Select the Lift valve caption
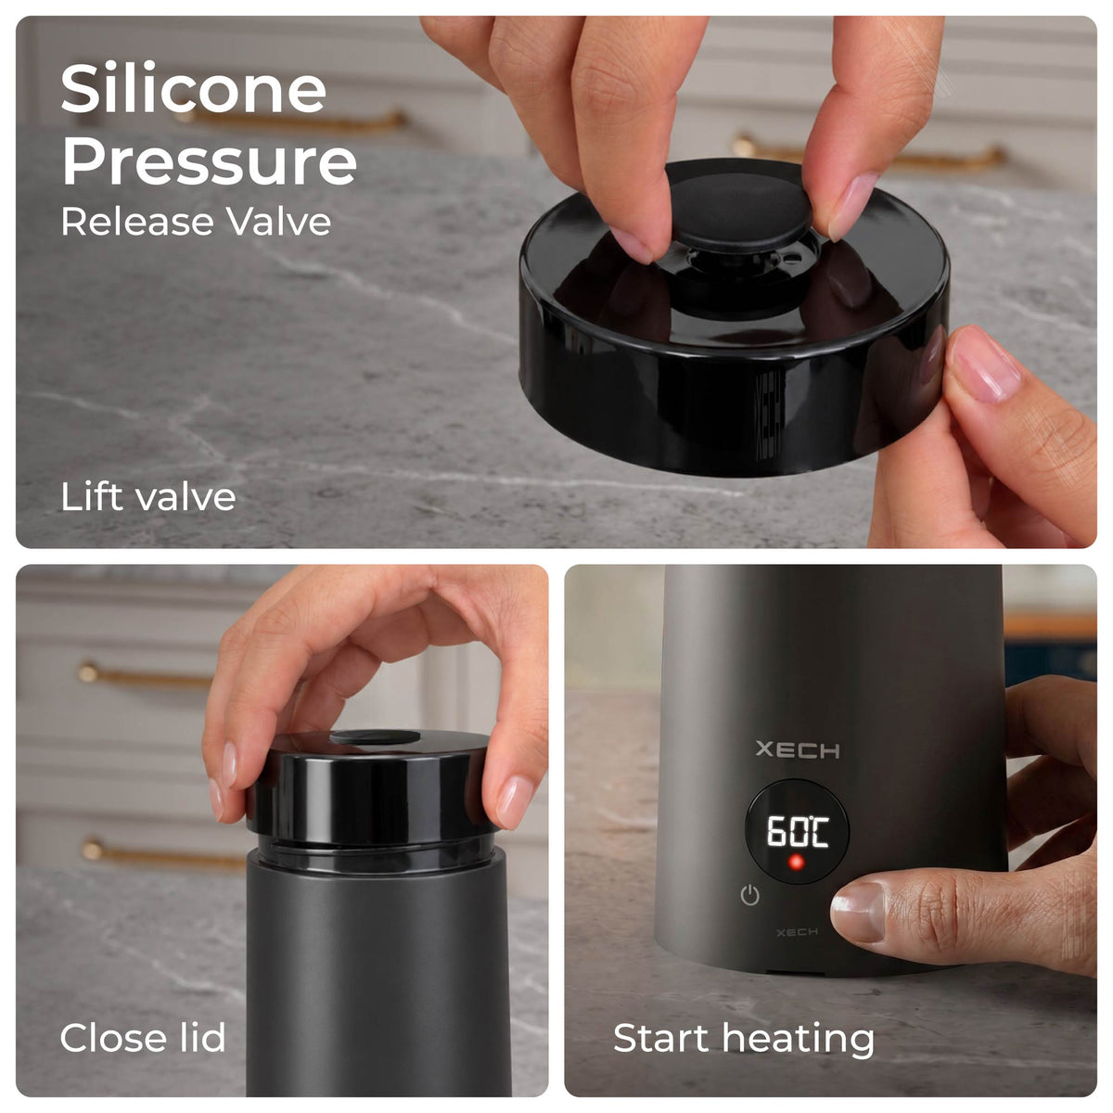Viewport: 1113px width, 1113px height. tap(148, 496)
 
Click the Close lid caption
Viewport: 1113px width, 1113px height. tap(143, 1037)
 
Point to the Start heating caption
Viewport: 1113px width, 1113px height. tap(743, 1039)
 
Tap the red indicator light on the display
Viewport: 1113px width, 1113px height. tap(797, 863)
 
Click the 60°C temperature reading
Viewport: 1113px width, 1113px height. tap(798, 831)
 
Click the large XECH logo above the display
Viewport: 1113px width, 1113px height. tap(798, 749)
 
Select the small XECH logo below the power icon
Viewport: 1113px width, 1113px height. tap(797, 932)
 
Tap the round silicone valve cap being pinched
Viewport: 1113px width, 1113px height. tap(741, 212)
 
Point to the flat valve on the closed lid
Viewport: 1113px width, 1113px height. tap(375, 737)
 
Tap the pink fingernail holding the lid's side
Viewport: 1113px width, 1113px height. tap(985, 366)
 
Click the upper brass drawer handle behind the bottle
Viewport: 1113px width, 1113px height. tap(145, 676)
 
